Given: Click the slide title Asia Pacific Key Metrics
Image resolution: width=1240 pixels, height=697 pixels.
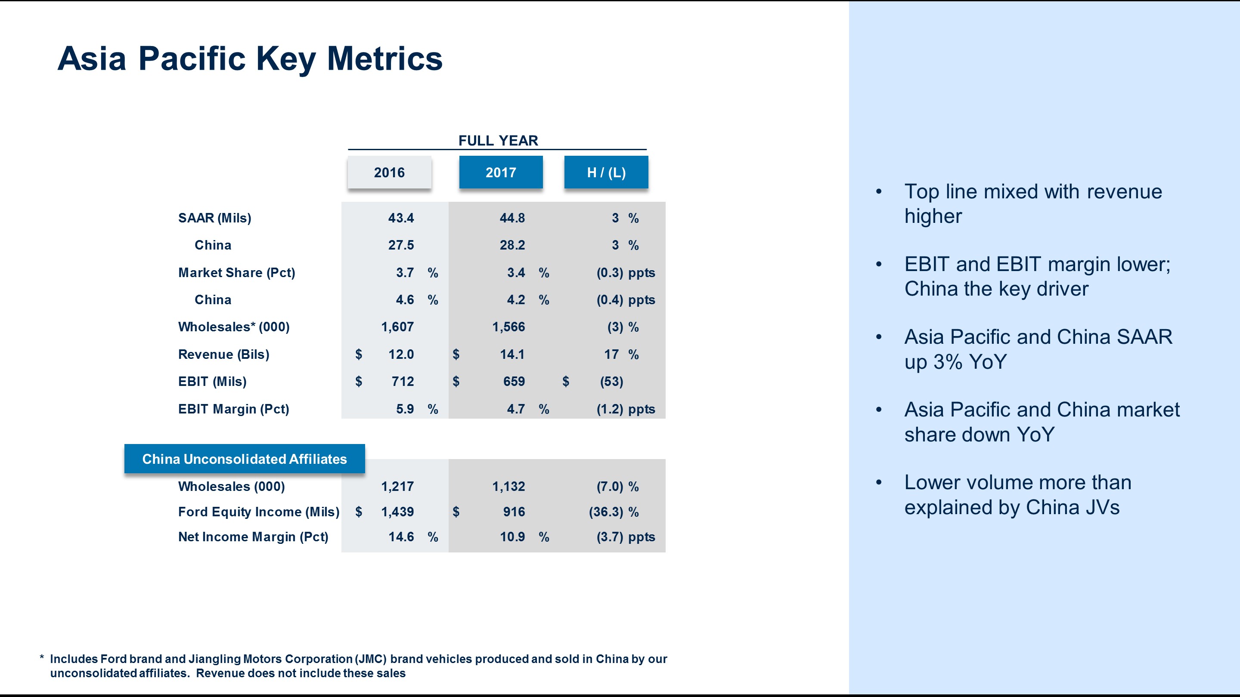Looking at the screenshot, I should point(250,59).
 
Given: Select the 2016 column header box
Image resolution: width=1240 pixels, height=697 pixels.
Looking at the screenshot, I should point(389,172).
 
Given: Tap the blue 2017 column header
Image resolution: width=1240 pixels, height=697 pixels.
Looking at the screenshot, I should point(501,172).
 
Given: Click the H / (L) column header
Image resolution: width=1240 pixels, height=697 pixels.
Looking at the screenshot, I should point(606,172).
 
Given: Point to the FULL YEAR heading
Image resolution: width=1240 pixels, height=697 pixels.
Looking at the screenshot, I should point(498,140).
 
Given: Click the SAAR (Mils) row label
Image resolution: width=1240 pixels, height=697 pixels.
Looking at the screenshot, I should point(215,218).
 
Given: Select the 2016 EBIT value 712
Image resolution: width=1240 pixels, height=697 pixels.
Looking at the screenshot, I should point(403,382).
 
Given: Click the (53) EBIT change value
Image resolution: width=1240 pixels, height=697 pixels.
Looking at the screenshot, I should point(611,382).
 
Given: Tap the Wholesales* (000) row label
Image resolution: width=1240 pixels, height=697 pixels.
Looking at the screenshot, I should point(233,327).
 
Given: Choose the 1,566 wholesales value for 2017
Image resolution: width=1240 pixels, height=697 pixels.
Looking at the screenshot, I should point(508,327).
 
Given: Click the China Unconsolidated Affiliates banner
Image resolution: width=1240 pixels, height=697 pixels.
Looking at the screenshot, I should point(245,459).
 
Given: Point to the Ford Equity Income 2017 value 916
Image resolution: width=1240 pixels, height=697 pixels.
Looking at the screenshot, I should point(514,512).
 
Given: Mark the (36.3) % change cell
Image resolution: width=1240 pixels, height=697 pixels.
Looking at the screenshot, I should point(614,512).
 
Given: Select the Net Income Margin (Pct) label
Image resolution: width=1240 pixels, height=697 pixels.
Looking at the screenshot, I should point(253,537).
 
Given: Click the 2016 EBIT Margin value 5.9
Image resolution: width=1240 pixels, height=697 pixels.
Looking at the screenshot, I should point(404,409).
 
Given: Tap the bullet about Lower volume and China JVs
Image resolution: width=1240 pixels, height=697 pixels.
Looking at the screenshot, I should point(1017,494).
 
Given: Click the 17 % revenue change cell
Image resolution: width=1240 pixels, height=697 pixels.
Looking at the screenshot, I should point(621,355).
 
